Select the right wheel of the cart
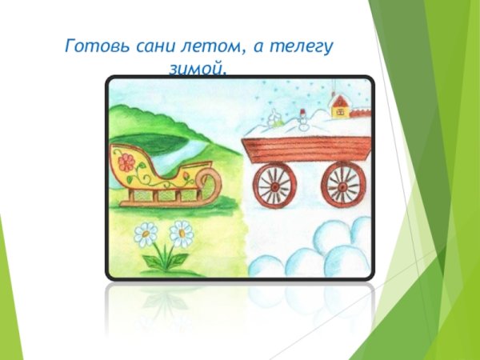[x=342, y=184]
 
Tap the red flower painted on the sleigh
[x=126, y=164]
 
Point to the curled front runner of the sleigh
[x=210, y=179]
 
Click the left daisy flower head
[x=146, y=234]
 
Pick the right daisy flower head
[x=182, y=234]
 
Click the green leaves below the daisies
[x=165, y=261]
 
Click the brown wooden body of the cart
[x=307, y=150]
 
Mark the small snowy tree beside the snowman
[x=274, y=121]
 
